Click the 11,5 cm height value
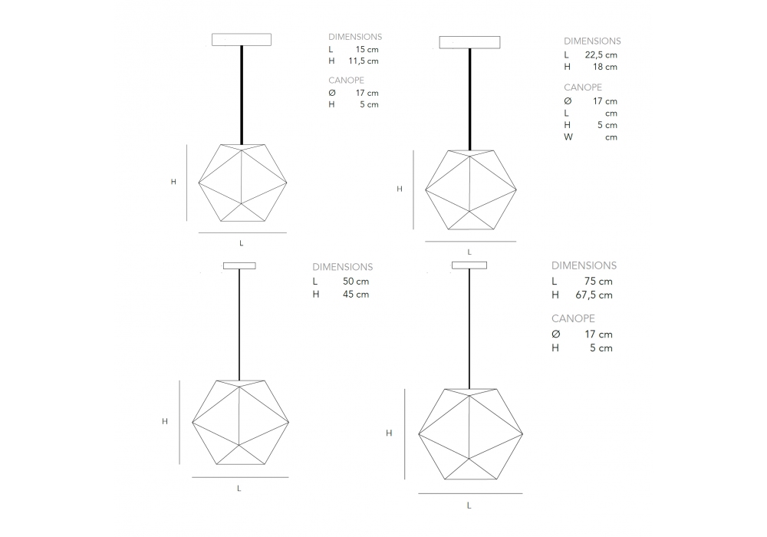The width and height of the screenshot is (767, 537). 364,61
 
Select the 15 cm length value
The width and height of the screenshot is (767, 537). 367,49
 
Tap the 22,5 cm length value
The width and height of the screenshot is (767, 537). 601,55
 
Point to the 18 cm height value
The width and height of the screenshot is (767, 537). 605,67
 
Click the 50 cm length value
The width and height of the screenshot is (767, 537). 356,282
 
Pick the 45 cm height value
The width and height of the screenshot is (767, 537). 356,295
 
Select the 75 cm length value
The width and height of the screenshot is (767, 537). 598,282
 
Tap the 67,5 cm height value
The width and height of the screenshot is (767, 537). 594,295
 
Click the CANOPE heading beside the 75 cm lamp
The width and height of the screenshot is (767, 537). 573,318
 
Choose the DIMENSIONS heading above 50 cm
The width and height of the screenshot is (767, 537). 342,267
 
